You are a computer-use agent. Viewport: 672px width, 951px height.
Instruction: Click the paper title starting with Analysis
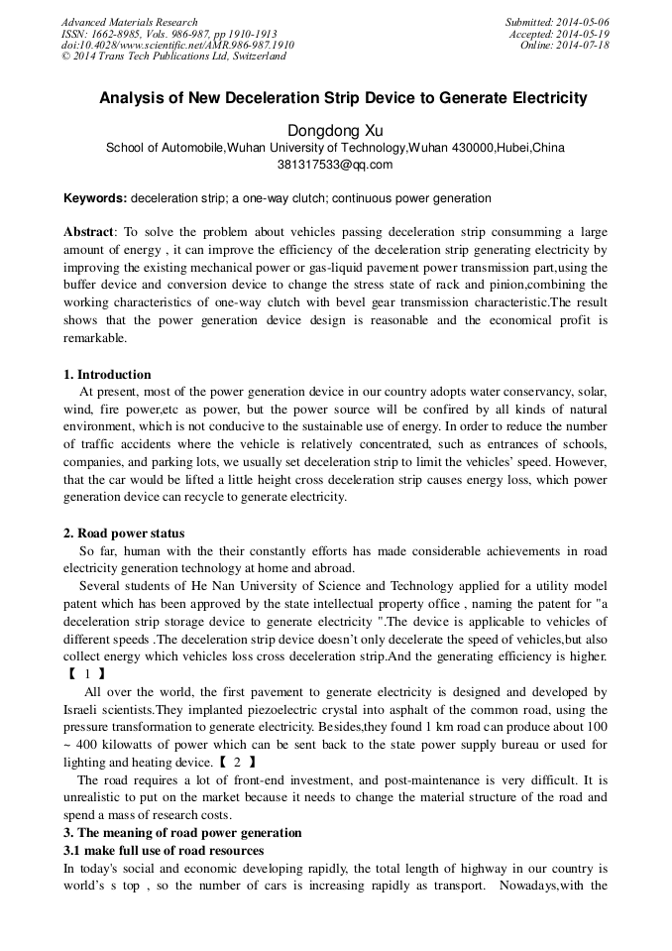coord(343,98)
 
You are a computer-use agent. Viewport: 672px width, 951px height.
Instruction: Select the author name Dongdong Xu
coord(335,130)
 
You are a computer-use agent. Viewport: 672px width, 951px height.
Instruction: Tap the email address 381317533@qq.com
coord(335,165)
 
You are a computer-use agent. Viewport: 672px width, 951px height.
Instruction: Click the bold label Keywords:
coord(95,198)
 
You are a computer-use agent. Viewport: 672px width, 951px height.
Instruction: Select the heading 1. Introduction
coord(107,374)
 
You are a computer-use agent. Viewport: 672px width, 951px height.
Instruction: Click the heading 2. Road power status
coord(124,534)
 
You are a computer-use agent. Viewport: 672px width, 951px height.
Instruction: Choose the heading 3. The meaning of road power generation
coord(182,832)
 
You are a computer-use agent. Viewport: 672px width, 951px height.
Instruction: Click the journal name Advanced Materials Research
coord(129,22)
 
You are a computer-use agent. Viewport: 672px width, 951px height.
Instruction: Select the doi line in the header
coord(177,46)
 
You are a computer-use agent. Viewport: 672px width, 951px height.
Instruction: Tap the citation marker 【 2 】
coord(237,762)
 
